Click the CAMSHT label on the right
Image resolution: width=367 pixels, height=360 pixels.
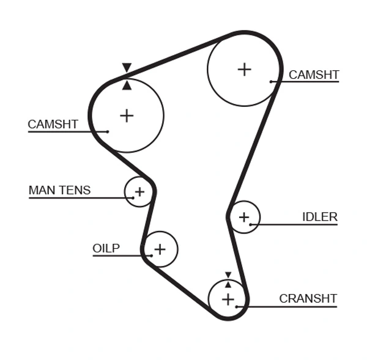click(x=313, y=75)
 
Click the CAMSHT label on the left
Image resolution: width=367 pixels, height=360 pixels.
click(x=53, y=124)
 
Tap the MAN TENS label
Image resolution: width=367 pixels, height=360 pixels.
click(x=59, y=190)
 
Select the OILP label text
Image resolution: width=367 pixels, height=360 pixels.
click(x=106, y=248)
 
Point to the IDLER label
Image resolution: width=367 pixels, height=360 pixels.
click(x=319, y=217)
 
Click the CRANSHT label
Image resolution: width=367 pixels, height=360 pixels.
click(x=308, y=298)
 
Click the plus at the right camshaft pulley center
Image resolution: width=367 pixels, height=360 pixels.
click(x=244, y=69)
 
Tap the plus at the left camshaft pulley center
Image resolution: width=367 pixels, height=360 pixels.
click(x=127, y=116)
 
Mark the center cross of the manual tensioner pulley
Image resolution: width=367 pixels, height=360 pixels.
click(x=139, y=192)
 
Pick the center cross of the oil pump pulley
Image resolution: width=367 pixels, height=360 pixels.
click(x=160, y=249)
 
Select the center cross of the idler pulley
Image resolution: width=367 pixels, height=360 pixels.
click(x=243, y=217)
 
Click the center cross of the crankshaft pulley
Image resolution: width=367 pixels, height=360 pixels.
click(x=228, y=299)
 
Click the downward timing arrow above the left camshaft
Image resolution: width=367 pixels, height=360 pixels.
click(x=127, y=68)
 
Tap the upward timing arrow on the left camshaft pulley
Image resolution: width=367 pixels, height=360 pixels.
click(x=127, y=85)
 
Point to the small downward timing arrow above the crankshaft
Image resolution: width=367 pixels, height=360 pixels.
click(x=228, y=275)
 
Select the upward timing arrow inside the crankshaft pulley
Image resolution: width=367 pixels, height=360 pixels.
click(x=228, y=284)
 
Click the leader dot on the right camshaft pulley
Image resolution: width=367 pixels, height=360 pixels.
click(x=271, y=81)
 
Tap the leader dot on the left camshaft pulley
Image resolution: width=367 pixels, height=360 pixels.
click(x=107, y=131)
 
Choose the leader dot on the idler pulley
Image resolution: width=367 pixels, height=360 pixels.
click(x=251, y=224)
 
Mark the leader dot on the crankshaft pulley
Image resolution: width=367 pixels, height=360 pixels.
click(x=237, y=306)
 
